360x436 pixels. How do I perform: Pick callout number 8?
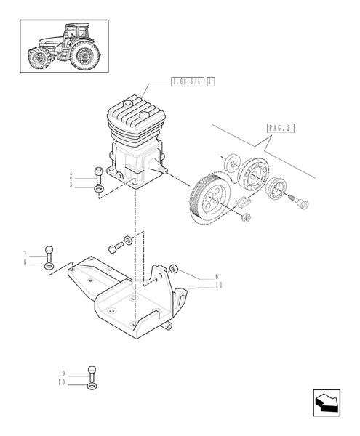click(x=25, y=263)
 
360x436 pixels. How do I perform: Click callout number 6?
click(x=216, y=277)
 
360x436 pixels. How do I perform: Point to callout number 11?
click(x=218, y=286)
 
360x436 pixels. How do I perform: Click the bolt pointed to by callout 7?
click(x=48, y=252)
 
